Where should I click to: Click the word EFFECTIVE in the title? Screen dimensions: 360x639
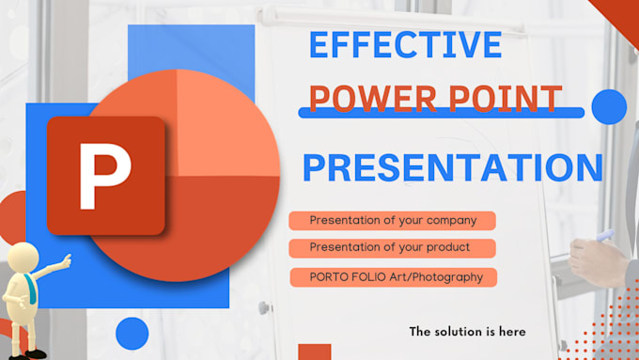pyautogui.click(x=406, y=45)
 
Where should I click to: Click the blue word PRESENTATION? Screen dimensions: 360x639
pyautogui.click(x=452, y=167)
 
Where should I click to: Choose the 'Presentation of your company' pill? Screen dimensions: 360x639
pyautogui.click(x=392, y=221)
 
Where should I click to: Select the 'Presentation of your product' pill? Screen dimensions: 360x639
pyautogui.click(x=392, y=248)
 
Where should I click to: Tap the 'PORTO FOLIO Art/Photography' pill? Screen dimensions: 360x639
pyautogui.click(x=392, y=276)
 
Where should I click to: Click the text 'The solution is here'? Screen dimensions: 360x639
pyautogui.click(x=467, y=331)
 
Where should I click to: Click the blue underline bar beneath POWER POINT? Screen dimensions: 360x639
pyautogui.click(x=442, y=113)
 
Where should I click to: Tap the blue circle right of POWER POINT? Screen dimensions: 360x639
pyautogui.click(x=609, y=107)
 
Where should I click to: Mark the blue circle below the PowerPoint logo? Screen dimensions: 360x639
pyautogui.click(x=132, y=334)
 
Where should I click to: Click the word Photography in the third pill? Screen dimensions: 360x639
pyautogui.click(x=451, y=276)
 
